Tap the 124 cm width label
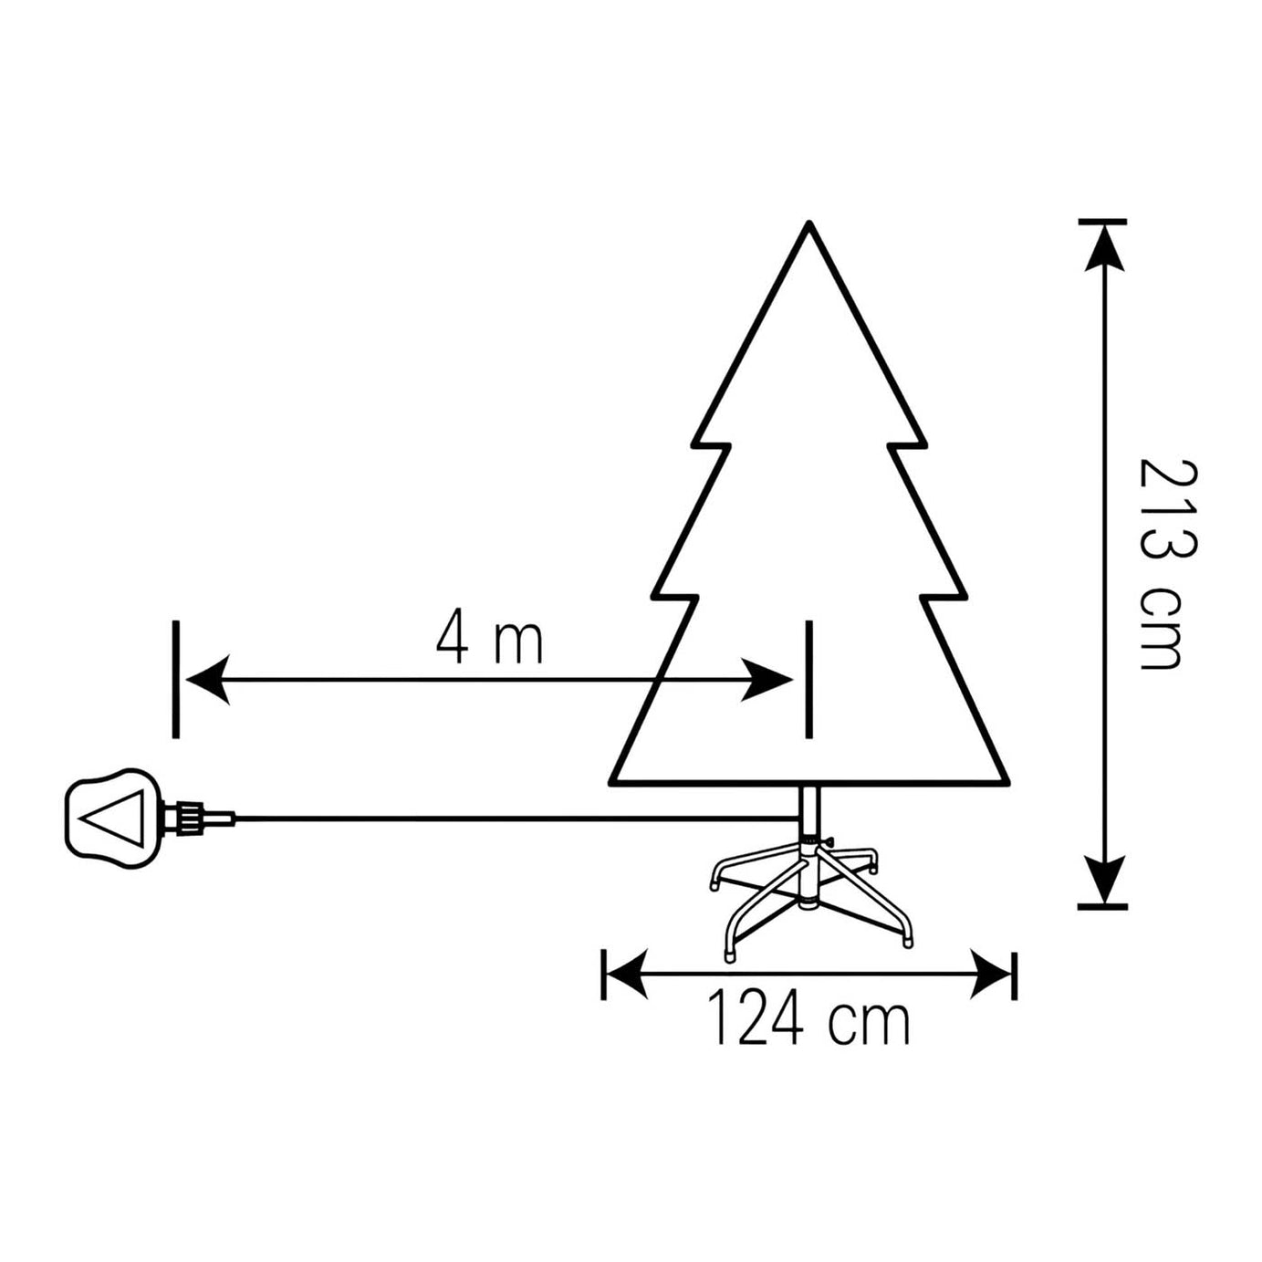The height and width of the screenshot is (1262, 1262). [x=808, y=1022]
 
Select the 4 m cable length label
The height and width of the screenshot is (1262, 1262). [x=489, y=640]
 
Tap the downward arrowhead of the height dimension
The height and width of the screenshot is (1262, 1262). [x=1103, y=881]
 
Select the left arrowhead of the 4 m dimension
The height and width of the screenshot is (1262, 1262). [x=206, y=680]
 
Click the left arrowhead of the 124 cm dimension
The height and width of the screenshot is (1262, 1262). [x=625, y=975]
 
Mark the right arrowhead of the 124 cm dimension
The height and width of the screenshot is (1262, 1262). [x=991, y=975]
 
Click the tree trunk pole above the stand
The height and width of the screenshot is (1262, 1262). [x=809, y=808]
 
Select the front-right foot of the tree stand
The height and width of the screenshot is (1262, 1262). [x=907, y=940]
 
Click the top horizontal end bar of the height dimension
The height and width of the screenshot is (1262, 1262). [x=1102, y=221]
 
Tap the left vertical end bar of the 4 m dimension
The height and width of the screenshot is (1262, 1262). [x=175, y=679]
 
